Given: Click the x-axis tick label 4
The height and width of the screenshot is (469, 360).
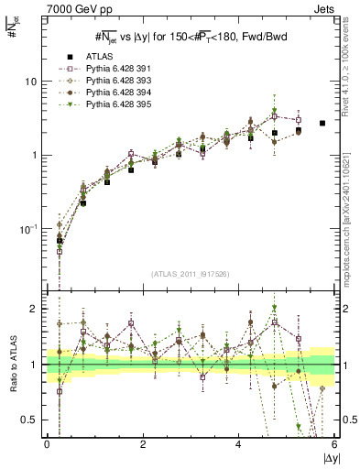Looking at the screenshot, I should (x=239, y=444).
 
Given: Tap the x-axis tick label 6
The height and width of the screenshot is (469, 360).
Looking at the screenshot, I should (x=334, y=444).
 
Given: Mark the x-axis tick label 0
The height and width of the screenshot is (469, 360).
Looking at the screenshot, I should (x=47, y=444).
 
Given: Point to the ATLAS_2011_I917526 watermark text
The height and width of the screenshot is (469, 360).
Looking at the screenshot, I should (x=190, y=274).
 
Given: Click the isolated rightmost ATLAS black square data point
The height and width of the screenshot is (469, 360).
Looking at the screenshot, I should (x=322, y=123).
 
